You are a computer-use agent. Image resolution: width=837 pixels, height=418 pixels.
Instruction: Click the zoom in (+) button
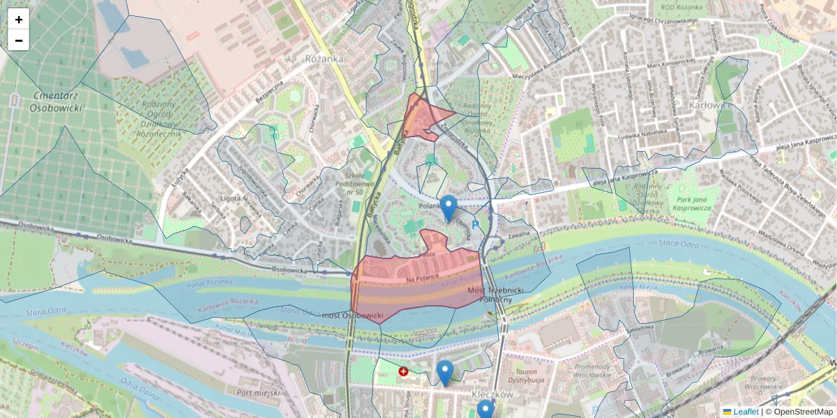click(19, 20)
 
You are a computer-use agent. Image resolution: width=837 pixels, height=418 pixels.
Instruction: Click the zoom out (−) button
click(19, 40)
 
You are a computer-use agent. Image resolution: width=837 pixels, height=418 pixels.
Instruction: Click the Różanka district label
click(324, 59)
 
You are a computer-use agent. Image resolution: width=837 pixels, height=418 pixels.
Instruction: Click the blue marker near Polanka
click(448, 207)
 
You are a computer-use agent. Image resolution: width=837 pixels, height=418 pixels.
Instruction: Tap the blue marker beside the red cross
click(444, 371)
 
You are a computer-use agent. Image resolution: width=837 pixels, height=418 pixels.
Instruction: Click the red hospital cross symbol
click(403, 371)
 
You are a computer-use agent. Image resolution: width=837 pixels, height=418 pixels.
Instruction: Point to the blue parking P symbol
click(476, 225)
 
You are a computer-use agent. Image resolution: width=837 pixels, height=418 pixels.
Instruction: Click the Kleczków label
click(492, 394)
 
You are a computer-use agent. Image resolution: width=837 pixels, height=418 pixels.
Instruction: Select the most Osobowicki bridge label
click(354, 317)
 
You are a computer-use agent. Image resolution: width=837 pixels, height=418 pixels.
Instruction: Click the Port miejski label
click(259, 392)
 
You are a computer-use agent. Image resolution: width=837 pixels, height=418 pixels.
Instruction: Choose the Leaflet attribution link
click(745, 412)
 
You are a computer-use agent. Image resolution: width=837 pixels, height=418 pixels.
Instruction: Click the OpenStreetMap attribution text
click(799, 412)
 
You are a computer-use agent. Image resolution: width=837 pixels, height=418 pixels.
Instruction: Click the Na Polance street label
click(423, 277)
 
